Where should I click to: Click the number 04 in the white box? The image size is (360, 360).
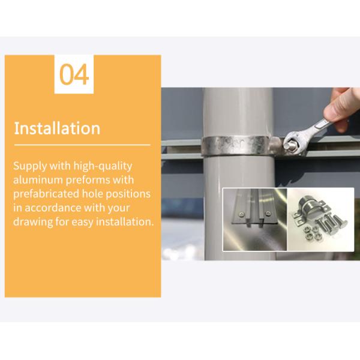coord(74,74)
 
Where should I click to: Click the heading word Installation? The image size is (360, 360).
coord(57,128)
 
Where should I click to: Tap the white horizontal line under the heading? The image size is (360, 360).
coord(82,145)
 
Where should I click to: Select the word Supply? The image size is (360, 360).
coord(30,166)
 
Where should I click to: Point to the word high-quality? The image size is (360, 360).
coord(103,166)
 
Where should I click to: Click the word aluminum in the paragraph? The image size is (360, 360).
coord(38,180)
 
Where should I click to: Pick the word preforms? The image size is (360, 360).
coord(88,181)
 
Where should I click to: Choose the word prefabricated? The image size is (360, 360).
coord(46,194)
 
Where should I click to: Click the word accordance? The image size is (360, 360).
coord(53,208)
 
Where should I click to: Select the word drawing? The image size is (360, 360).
coord(33,223)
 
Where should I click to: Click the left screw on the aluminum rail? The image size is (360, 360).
coord(241,214)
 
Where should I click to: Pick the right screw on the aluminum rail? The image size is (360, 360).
coord(267,214)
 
